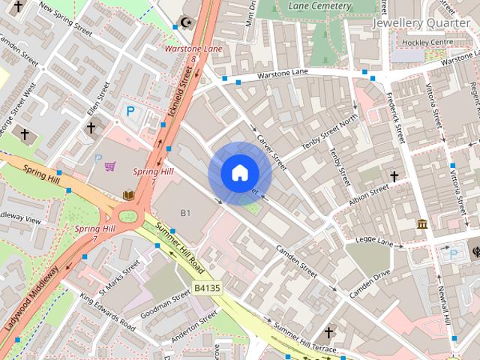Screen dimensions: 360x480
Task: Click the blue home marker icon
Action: pos(238,173)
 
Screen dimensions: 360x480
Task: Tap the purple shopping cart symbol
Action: pos(110,166)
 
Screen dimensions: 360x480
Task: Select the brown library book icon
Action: pos(127,196)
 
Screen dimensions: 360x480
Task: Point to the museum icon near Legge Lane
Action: pos(422,223)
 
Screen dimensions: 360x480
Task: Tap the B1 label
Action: pos(186,214)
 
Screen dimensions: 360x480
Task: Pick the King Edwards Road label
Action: pos(108,313)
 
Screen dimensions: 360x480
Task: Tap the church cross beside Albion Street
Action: pos(394,176)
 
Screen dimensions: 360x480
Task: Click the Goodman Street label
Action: pos(170,306)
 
